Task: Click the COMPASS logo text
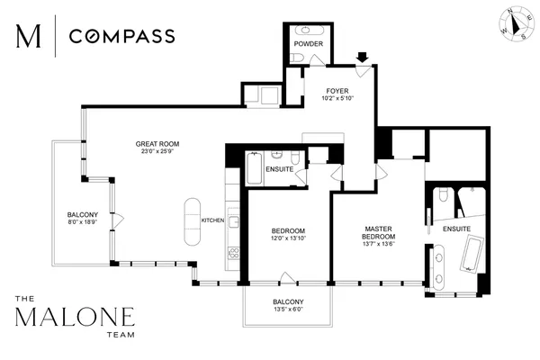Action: pyautogui.click(x=122, y=37)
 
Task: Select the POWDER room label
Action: pyautogui.click(x=309, y=43)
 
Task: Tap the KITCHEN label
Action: pyautogui.click(x=211, y=220)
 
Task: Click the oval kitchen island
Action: pyautogui.click(x=192, y=221)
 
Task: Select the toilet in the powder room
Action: pyautogui.click(x=298, y=58)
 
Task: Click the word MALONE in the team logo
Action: pyautogui.click(x=76, y=318)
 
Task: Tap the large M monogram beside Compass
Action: pyautogui.click(x=29, y=37)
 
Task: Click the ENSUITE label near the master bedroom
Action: pyautogui.click(x=455, y=229)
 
